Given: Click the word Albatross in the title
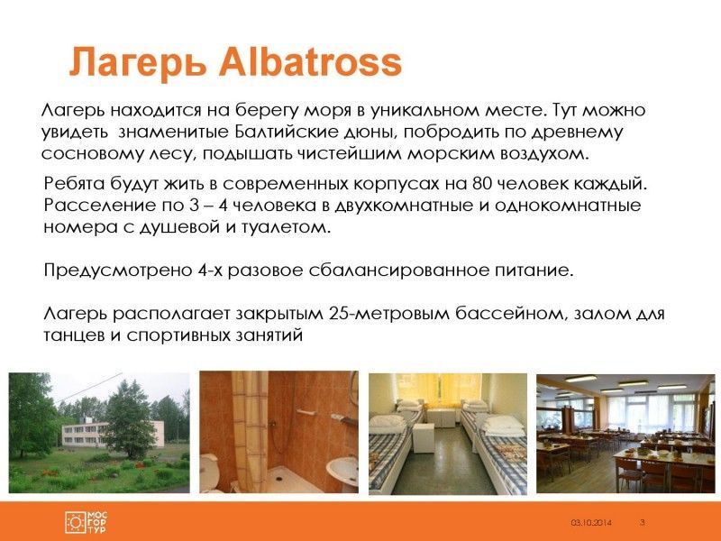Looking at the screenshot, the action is click(310, 62).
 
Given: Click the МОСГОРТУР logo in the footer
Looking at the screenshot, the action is click(86, 522).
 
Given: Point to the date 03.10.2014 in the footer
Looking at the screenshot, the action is click(591, 523).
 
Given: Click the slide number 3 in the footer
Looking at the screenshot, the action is click(643, 522).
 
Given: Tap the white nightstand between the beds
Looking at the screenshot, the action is click(423, 438).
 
